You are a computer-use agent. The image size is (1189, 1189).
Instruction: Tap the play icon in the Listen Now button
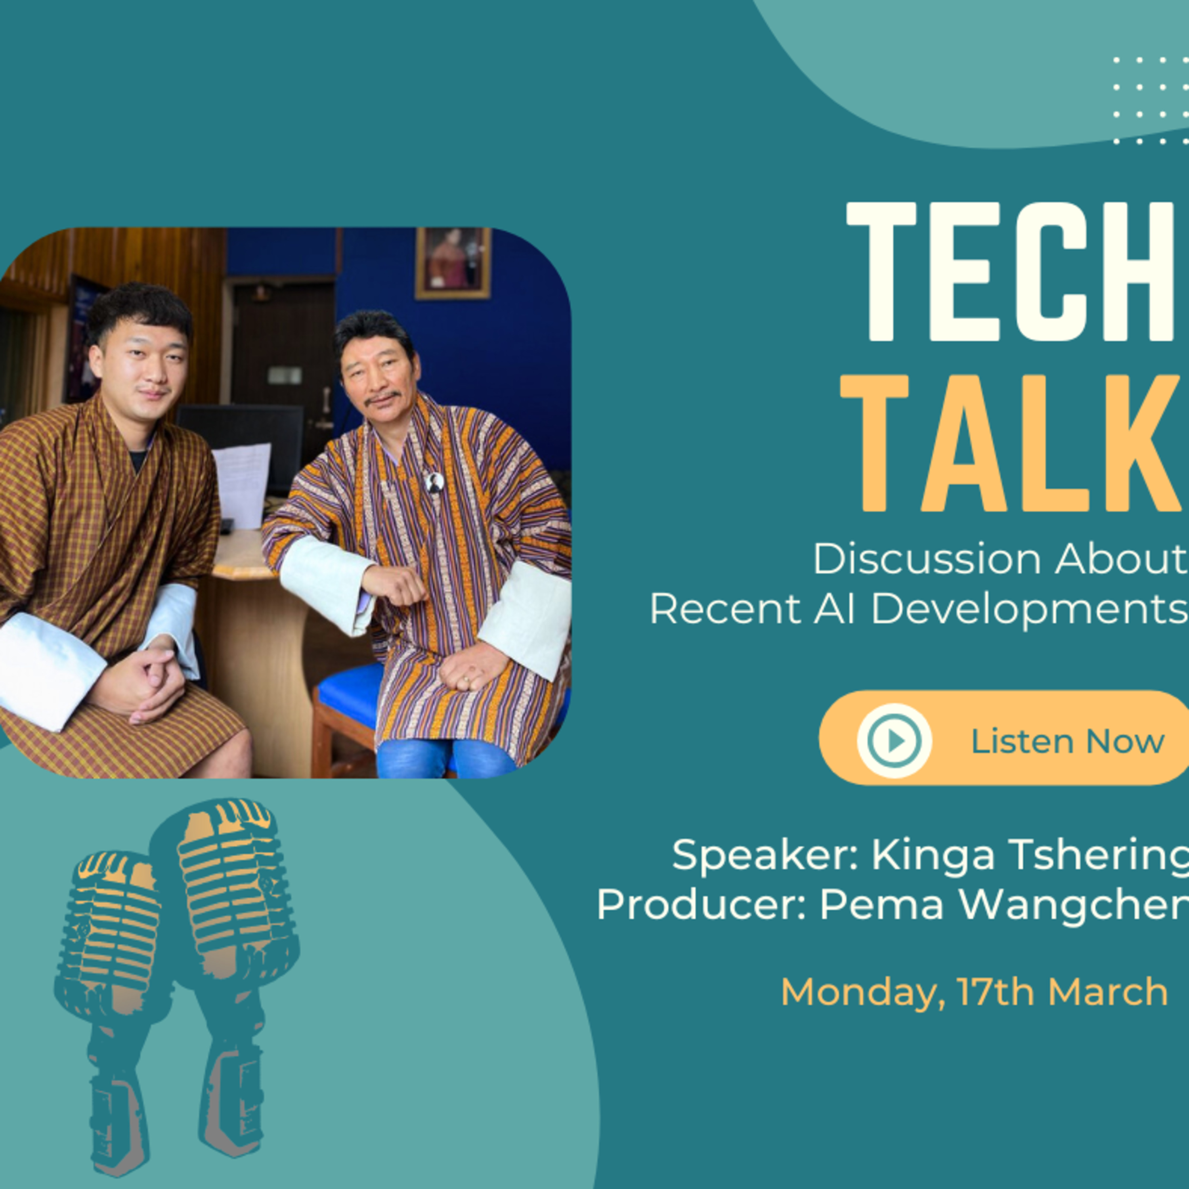pos(894,740)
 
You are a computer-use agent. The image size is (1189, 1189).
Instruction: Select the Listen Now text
pos(1068,741)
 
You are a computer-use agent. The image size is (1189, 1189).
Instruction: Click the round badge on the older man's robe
pos(434,482)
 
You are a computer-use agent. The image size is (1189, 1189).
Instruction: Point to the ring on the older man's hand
pos(466,680)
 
